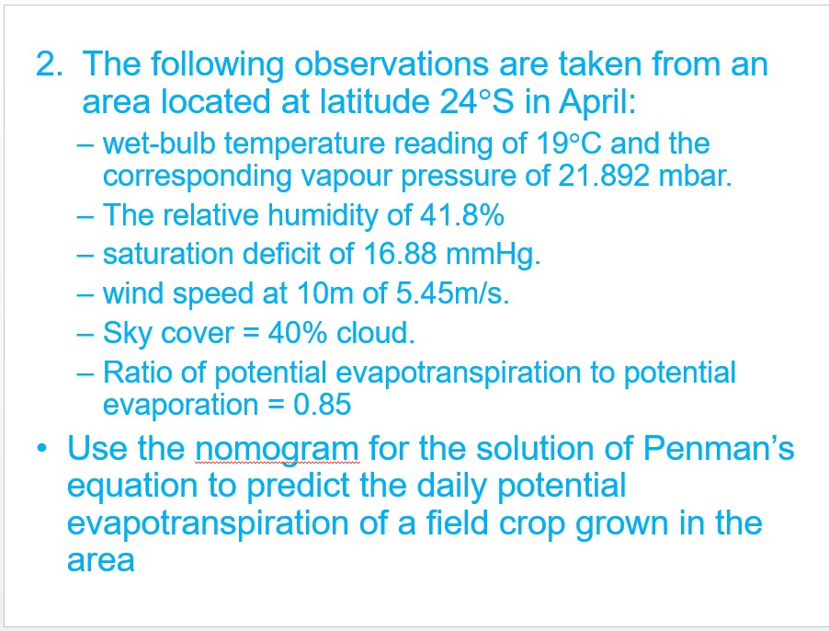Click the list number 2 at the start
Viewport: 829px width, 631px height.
[49, 64]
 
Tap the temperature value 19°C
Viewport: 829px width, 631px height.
[569, 143]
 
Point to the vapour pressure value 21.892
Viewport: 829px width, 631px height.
[603, 176]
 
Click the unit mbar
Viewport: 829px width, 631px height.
[695, 176]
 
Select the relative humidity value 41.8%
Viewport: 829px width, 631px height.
[461, 214]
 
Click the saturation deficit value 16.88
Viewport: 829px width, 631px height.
[400, 254]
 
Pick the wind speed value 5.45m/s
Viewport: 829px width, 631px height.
[452, 293]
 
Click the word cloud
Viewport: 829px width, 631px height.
[376, 333]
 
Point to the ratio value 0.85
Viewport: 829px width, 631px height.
[322, 405]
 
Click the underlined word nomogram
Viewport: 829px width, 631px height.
[278, 450]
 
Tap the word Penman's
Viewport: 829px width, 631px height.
[719, 448]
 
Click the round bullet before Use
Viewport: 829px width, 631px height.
[41, 449]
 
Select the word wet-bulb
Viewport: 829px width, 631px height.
[159, 143]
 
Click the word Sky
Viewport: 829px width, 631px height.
[127, 334]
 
